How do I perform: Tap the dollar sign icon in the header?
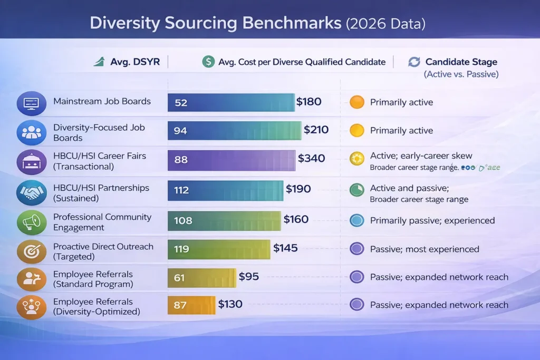click(208, 62)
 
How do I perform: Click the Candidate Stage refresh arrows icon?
click(414, 62)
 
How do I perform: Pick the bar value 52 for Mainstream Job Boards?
click(181, 102)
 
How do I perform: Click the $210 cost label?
click(316, 130)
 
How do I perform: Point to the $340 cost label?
click(311, 159)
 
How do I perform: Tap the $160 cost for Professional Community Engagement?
click(296, 219)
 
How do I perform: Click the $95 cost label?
click(248, 276)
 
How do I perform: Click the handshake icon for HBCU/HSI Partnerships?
click(32, 192)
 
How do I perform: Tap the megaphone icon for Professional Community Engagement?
click(32, 222)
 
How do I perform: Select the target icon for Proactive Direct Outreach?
click(32, 251)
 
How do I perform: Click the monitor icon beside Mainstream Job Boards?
click(32, 103)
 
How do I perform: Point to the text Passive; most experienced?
click(425, 249)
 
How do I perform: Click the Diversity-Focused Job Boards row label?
click(99, 132)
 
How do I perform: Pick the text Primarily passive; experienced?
click(432, 220)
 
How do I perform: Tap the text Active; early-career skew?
click(421, 156)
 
